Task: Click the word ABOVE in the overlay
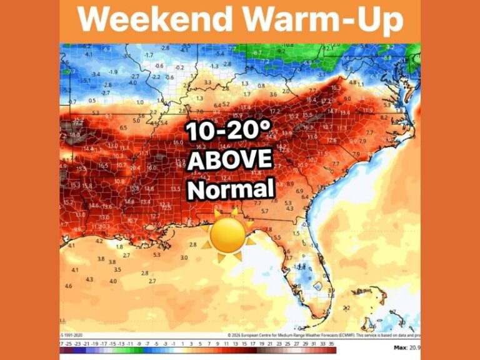tap(230, 161)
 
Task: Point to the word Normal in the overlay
tap(231, 188)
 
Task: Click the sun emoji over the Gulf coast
tap(227, 234)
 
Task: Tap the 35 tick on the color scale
tap(331, 344)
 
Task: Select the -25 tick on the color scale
tap(69, 344)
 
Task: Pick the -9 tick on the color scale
tap(139, 344)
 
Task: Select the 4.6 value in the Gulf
tap(69, 286)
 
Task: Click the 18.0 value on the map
tap(74, 135)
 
